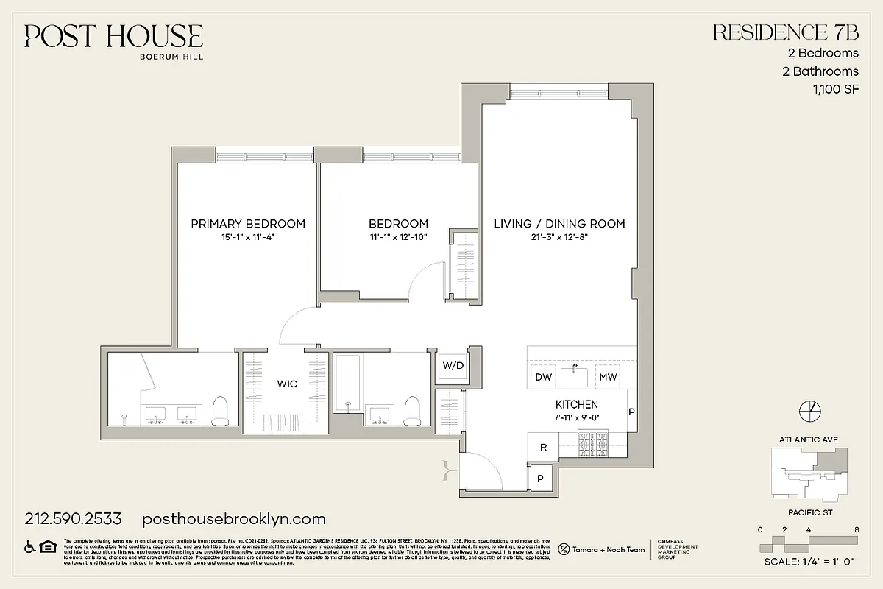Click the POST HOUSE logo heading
point(113,36)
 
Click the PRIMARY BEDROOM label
point(248,224)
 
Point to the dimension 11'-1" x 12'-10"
point(398,237)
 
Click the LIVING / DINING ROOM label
point(559,224)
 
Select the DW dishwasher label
point(543,378)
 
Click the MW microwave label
point(607,378)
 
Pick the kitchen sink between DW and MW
point(575,376)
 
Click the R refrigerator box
point(543,447)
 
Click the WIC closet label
point(287,384)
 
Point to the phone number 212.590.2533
point(73,519)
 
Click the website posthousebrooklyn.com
point(233,519)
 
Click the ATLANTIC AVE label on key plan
point(808,440)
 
